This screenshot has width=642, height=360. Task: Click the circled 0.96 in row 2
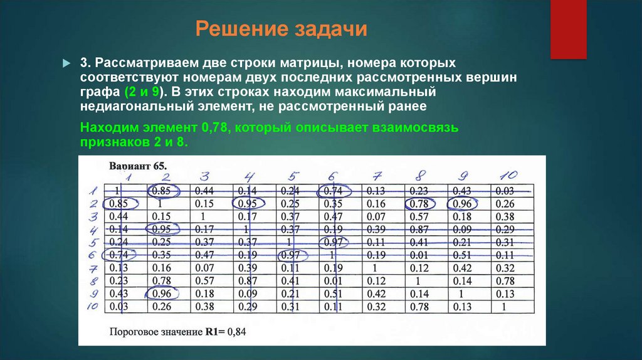pyautogui.click(x=462, y=203)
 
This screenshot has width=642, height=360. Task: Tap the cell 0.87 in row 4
pyautogui.click(x=419, y=229)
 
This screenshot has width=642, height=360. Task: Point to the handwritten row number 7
pyautogui.click(x=92, y=269)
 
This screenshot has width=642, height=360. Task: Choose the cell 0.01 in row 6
pyautogui.click(x=419, y=255)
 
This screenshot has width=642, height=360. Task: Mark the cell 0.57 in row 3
pyautogui.click(x=419, y=216)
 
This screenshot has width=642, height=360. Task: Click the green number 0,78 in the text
pyautogui.click(x=215, y=128)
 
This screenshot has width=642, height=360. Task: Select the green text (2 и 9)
pyautogui.click(x=142, y=92)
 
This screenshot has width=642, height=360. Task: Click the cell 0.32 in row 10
pyautogui.click(x=376, y=307)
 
